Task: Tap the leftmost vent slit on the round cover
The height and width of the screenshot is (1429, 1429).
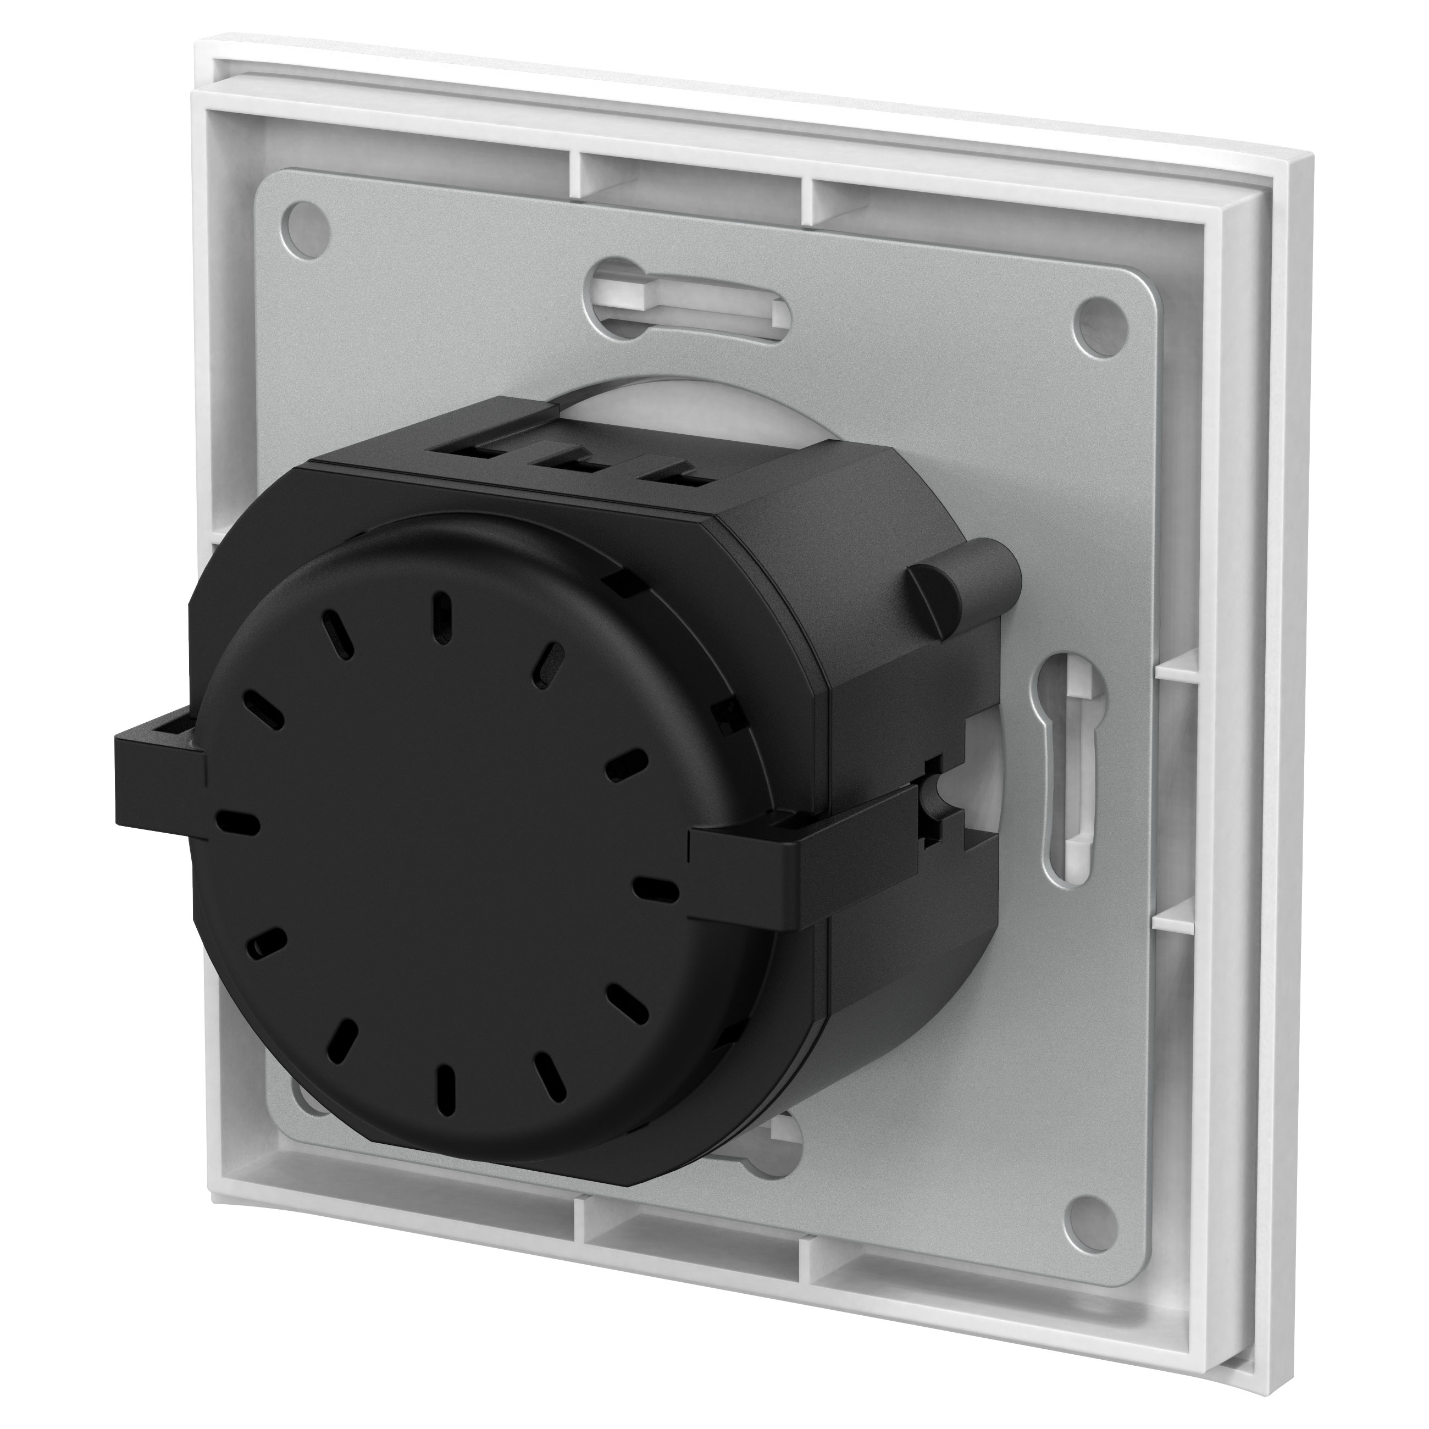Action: click(237, 819)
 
